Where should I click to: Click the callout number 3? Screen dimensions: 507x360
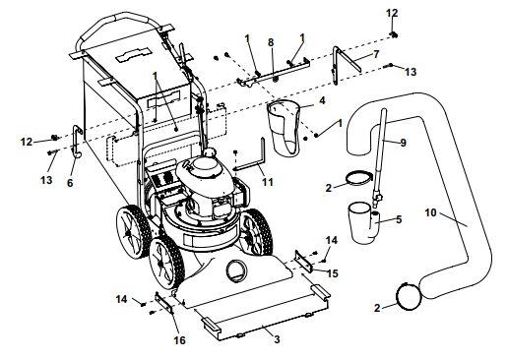[277, 339]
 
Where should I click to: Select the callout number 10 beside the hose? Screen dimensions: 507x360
[430, 212]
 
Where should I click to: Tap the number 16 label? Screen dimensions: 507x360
[179, 340]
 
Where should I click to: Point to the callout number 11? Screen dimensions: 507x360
[268, 182]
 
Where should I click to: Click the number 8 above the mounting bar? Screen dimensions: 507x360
[271, 42]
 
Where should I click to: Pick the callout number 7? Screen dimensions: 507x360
[376, 54]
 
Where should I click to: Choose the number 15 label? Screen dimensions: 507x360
[333, 273]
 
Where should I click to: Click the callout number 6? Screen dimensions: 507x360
[70, 183]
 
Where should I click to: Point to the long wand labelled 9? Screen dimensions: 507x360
[380, 157]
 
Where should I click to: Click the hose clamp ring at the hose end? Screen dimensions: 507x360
[409, 296]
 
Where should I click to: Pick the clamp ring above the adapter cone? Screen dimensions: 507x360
[358, 178]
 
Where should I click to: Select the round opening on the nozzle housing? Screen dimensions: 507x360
[236, 270]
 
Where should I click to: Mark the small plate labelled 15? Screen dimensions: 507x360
[303, 261]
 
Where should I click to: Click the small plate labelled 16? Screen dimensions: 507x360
[164, 303]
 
